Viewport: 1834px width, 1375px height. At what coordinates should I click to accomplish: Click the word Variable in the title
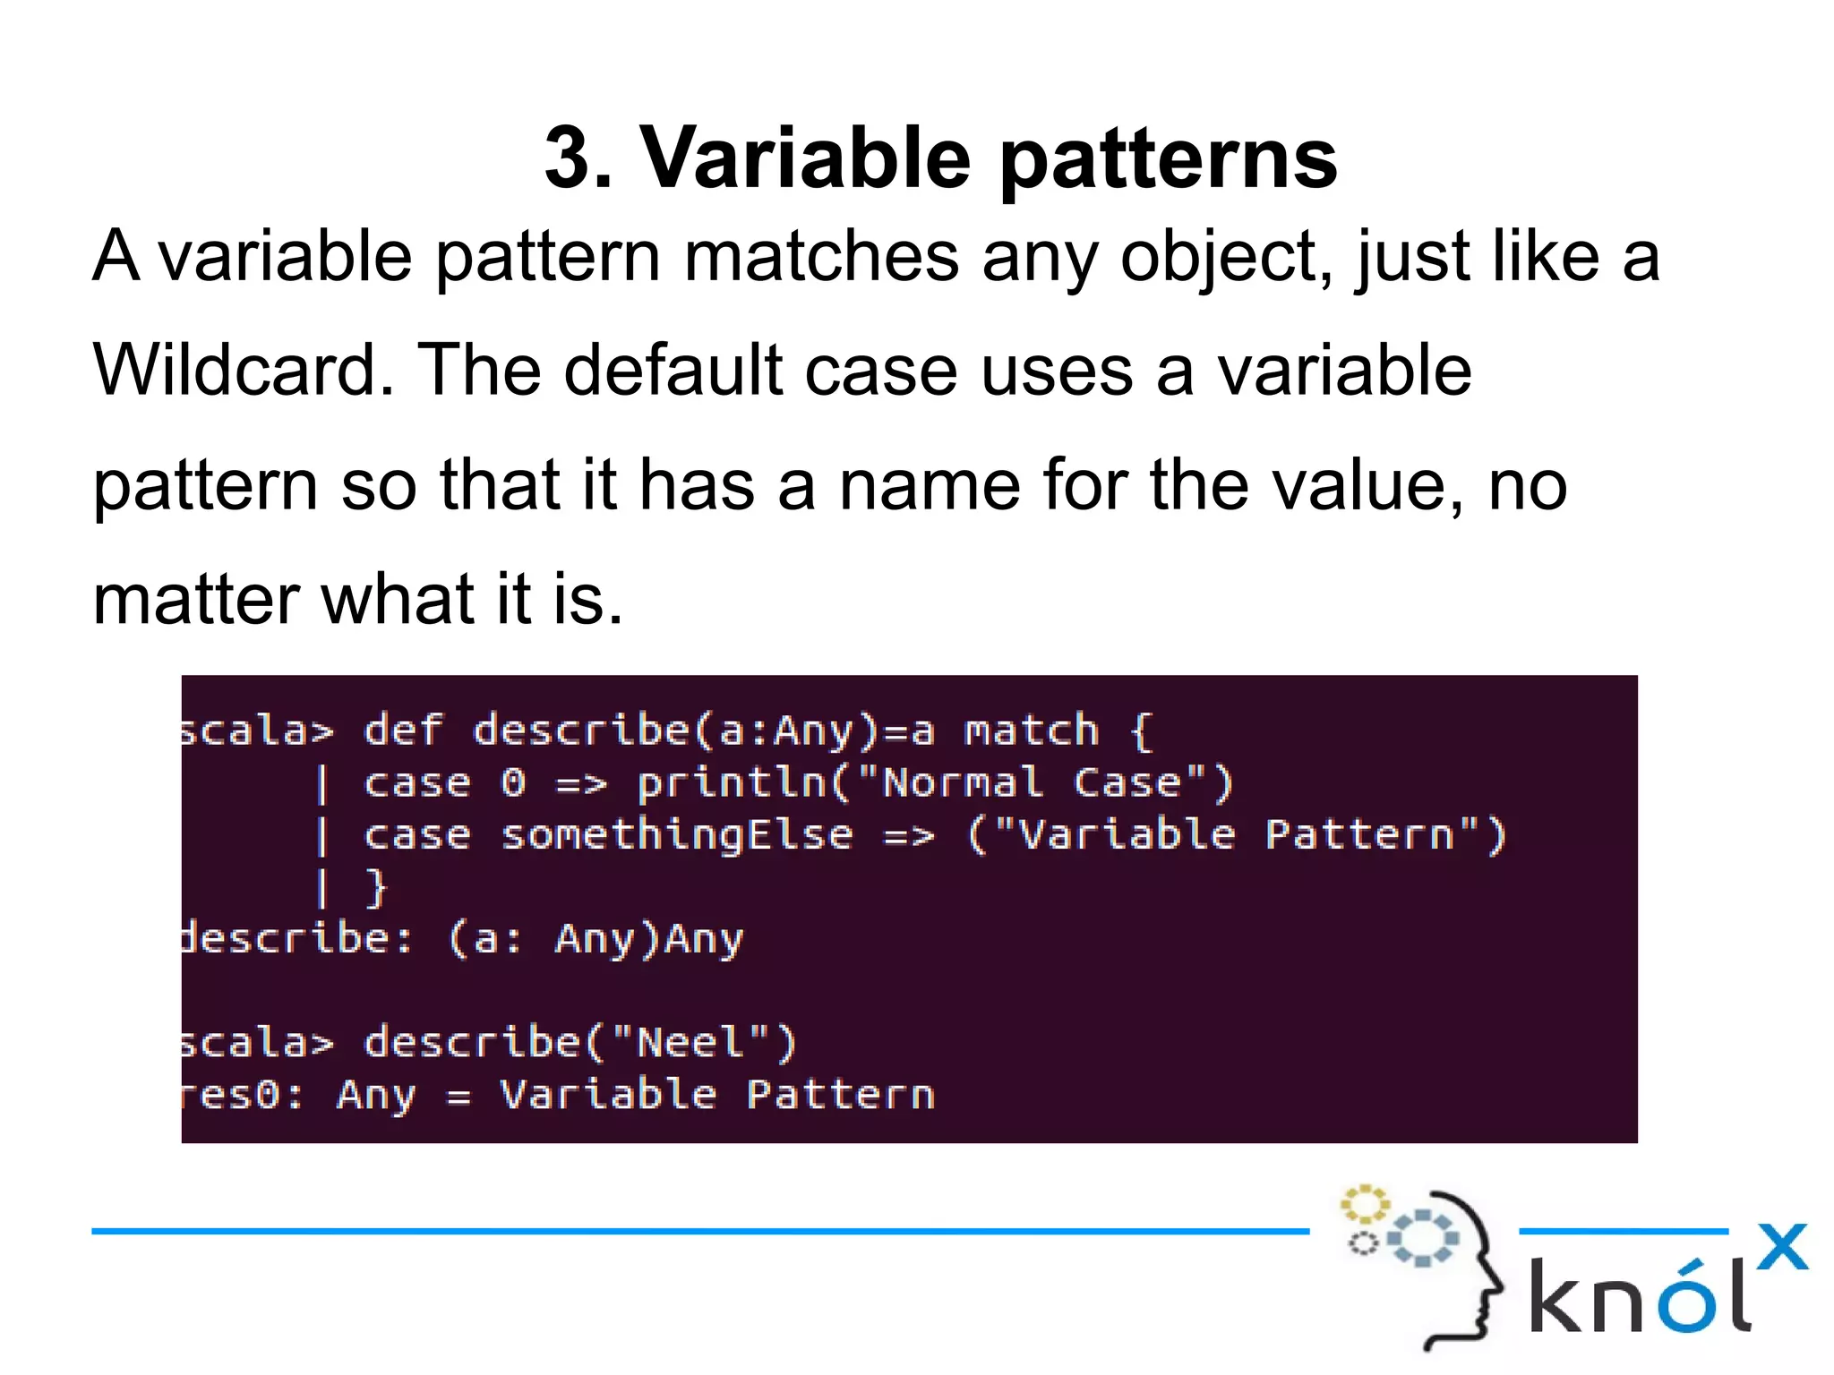click(804, 158)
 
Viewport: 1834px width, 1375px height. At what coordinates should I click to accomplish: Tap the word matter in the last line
click(194, 600)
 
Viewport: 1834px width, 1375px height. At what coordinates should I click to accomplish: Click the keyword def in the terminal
click(403, 730)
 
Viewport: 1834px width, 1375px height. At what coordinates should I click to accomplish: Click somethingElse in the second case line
click(676, 836)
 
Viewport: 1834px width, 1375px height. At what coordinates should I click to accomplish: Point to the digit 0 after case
click(513, 784)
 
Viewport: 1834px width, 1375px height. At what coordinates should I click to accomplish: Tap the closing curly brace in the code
click(377, 888)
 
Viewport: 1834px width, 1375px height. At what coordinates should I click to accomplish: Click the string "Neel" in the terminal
click(690, 1043)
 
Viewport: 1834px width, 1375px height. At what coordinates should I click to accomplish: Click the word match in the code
click(1031, 731)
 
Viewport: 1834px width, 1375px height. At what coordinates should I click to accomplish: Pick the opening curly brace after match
click(1141, 731)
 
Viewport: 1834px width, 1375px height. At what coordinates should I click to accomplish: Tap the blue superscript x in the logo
click(1781, 1246)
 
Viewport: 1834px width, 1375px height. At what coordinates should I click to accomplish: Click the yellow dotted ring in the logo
click(1364, 1204)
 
